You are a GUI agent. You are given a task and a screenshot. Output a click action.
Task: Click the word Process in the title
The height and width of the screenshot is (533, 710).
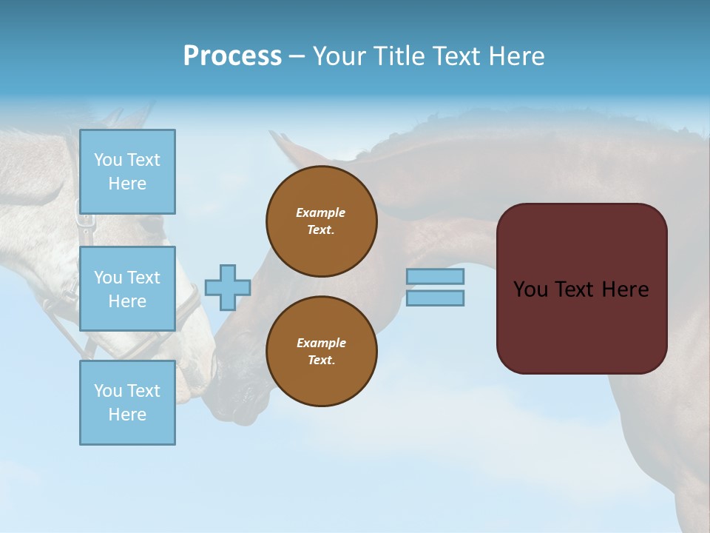pos(232,56)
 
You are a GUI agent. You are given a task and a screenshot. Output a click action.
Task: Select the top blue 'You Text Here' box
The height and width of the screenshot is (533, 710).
pos(127,172)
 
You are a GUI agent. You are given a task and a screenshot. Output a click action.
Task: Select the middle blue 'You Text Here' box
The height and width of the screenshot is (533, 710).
pos(127,289)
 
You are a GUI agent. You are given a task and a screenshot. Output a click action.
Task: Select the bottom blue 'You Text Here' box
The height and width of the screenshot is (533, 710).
pos(127,402)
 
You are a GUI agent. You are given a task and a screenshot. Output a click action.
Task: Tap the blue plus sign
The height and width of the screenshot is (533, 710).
pos(228,287)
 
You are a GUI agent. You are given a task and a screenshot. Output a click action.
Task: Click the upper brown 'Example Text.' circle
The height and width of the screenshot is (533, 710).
pos(321,221)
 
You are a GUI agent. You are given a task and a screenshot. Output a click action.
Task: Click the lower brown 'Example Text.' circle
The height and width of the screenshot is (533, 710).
pos(321,351)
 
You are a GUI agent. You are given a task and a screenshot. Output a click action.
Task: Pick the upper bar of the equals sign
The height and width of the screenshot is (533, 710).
pos(435,277)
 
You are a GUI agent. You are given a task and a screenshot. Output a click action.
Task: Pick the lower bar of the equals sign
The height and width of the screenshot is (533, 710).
pos(435,298)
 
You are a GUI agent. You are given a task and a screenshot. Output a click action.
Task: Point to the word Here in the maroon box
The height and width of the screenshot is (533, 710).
pos(625,289)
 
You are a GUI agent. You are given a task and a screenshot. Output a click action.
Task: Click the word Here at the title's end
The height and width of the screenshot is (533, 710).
pos(516,56)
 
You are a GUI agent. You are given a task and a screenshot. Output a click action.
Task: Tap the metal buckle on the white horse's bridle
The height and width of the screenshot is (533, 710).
pos(87,221)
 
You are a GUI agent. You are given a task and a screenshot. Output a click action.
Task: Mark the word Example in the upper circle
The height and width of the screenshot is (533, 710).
pos(321,212)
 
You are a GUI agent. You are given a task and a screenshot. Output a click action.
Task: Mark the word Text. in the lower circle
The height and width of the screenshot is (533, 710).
pos(321,360)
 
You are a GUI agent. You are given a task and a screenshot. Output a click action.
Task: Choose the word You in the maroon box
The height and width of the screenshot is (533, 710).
pos(530,289)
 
